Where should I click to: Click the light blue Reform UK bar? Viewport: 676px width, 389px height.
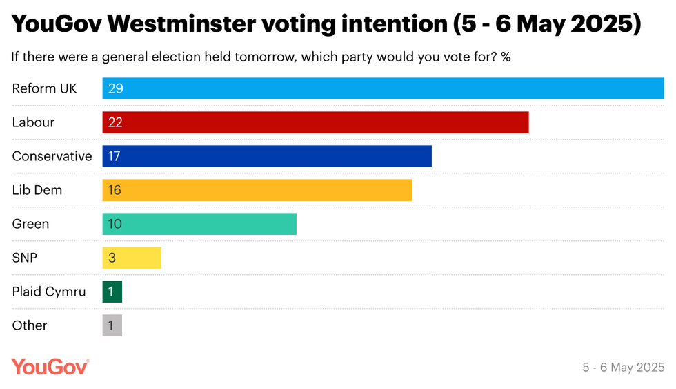383,88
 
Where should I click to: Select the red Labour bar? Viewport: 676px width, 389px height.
315,122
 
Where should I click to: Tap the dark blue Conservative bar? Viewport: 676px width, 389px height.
267,156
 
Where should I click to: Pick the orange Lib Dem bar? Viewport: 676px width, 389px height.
257,190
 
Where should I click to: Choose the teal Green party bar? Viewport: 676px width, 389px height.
199,224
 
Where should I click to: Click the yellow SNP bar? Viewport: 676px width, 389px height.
132,258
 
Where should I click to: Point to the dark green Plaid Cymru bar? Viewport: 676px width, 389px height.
112,292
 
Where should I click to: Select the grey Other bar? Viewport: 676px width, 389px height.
112,325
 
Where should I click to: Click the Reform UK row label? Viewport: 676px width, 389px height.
45,88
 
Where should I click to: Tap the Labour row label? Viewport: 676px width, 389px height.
33,122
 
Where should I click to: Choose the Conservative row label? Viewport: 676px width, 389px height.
52,156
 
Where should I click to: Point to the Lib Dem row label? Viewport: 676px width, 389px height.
37,190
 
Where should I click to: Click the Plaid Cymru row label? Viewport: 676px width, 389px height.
49,292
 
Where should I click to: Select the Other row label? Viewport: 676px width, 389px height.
30,325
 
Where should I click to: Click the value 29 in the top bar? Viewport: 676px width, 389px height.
115,88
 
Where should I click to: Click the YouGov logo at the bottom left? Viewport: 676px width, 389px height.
50,367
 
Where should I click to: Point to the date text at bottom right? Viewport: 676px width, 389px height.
623,368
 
